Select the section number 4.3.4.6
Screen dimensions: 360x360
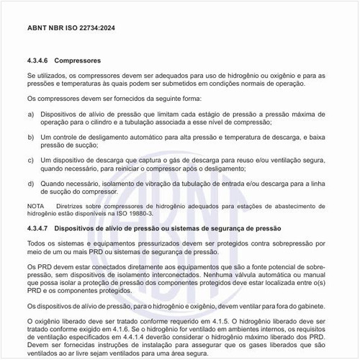pyautogui.click(x=40, y=61)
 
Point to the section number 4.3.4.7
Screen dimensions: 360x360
pyautogui.click(x=40, y=228)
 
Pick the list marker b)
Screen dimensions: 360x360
pyautogui.click(x=30, y=136)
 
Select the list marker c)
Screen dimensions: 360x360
pyautogui.click(x=30, y=160)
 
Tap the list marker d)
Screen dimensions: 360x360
pyautogui.click(x=30, y=184)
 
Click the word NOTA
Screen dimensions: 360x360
pyautogui.click(x=35, y=207)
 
